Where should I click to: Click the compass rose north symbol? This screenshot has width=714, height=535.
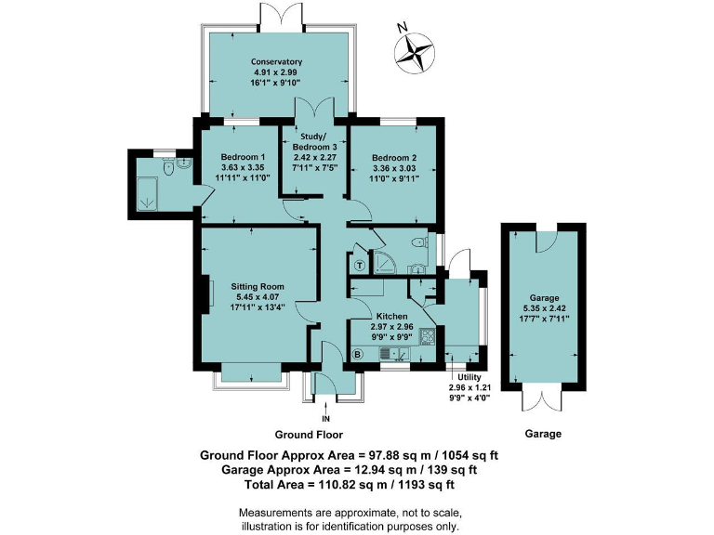[414, 51]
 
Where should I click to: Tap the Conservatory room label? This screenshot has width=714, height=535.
[276, 61]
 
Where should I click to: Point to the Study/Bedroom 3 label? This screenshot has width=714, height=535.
[314, 141]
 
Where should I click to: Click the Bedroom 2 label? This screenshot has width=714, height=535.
[394, 158]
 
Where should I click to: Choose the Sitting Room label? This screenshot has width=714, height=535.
[258, 287]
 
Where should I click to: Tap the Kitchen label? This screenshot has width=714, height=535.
[391, 316]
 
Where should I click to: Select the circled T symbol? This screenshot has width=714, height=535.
[360, 266]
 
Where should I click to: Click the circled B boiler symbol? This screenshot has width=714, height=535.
[358, 354]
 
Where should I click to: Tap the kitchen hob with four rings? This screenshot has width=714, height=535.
[429, 336]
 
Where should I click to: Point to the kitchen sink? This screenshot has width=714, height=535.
[395, 353]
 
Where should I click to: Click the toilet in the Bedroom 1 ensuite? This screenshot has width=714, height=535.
[169, 167]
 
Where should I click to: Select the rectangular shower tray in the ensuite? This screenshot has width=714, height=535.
[147, 193]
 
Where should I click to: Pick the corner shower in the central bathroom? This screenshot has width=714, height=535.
[383, 263]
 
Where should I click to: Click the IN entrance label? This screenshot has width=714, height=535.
[325, 419]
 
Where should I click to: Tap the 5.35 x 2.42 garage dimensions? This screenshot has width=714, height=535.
[544, 308]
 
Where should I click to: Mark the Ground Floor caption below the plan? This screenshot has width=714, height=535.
[309, 435]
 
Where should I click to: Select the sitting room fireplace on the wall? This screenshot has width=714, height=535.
[207, 294]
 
